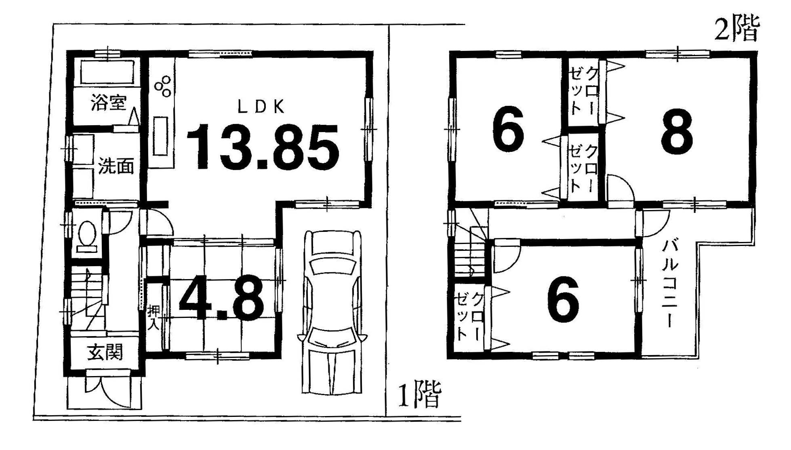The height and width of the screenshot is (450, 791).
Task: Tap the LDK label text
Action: [261, 107]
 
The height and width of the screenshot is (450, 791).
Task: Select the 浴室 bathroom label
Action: [109, 102]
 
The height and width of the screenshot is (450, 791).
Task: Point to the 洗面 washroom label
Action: [116, 166]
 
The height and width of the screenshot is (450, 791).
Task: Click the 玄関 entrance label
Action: [105, 352]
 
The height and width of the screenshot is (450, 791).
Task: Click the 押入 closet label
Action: [153, 318]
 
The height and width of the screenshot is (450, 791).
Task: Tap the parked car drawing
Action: [332, 312]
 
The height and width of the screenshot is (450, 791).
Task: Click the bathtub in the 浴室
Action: [107, 72]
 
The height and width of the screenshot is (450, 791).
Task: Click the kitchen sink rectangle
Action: [160, 136]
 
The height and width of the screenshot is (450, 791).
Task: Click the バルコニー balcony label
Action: [669, 283]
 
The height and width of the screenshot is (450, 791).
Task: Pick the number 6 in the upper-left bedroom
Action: [508, 128]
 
